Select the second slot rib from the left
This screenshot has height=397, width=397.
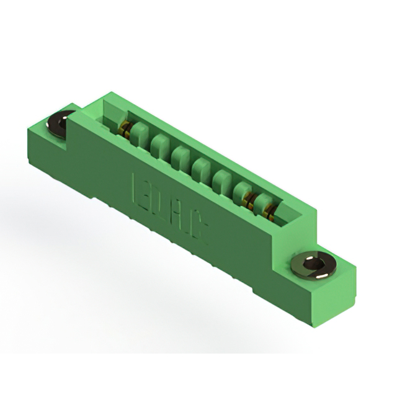tap(160, 143)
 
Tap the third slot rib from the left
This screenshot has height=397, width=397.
tap(181, 155)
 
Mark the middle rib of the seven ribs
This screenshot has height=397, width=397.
tap(201, 167)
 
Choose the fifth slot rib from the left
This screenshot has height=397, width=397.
tap(221, 180)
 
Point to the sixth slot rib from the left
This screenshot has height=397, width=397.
tap(243, 192)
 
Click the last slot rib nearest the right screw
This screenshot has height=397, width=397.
tap(264, 204)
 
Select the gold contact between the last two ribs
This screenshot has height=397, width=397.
tap(252, 200)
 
